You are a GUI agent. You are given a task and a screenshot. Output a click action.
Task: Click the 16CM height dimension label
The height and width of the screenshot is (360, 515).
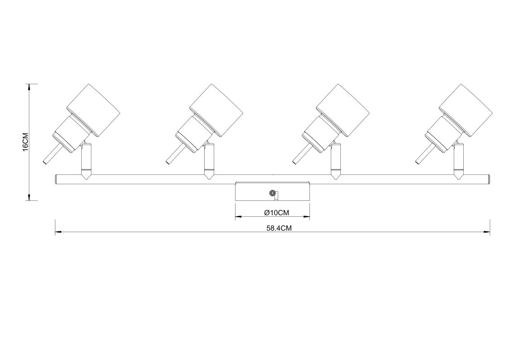point(25,142)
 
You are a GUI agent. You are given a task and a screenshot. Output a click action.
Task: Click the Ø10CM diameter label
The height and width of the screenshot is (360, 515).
point(276,213)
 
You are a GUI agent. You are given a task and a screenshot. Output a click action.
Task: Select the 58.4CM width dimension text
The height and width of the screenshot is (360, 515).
point(279,229)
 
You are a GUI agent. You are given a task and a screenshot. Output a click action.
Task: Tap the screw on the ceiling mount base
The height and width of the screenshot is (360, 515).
point(272,193)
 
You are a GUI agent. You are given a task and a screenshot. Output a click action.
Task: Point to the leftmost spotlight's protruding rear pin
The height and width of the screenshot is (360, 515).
point(52,154)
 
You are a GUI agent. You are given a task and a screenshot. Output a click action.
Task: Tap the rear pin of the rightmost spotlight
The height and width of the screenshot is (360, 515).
point(424,154)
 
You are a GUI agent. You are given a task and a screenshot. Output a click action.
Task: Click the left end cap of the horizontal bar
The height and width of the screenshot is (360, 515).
point(56,179)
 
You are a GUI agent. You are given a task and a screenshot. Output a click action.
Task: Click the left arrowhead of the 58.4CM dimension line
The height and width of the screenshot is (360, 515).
point(59,233)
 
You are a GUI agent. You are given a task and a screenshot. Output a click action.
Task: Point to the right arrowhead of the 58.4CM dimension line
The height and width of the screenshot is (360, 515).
point(486,233)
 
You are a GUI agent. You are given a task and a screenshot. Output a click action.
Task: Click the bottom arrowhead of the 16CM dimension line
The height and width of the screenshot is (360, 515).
point(30,196)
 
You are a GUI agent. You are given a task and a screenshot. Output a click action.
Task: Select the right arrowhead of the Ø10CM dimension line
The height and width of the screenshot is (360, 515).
point(306,217)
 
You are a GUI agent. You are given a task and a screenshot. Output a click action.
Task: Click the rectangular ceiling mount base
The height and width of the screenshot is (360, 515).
point(273,191)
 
